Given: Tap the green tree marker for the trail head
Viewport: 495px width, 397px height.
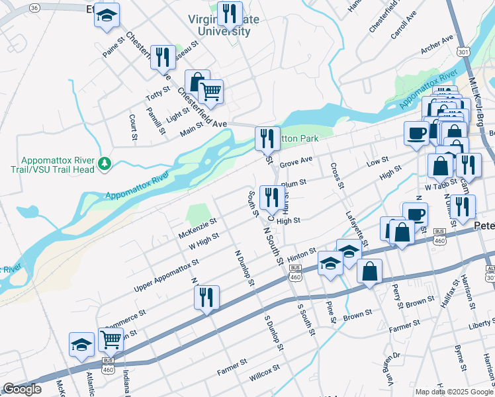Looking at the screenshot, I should point(104,163).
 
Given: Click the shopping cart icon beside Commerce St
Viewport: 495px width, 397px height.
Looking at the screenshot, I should point(111,339).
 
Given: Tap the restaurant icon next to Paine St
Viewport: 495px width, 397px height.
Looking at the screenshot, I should point(162,57).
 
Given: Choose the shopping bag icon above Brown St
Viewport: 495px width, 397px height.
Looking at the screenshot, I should point(370,271).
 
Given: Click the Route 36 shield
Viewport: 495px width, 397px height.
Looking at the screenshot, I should point(34,7).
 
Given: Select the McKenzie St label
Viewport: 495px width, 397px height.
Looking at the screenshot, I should point(198,229).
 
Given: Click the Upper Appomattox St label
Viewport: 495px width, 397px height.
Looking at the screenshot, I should point(166,276).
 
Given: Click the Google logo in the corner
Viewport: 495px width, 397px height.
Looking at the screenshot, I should point(22,389).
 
